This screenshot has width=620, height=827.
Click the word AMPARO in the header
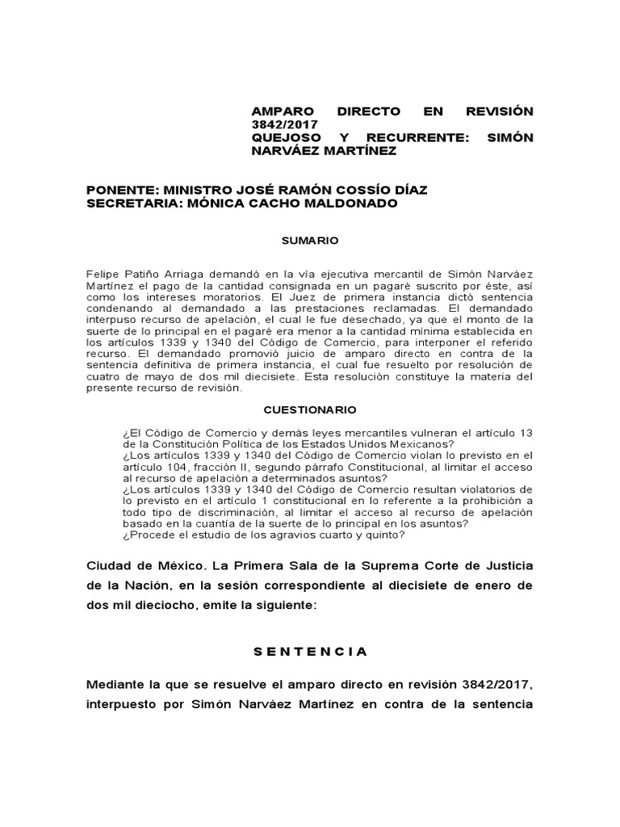pyautogui.click(x=278, y=111)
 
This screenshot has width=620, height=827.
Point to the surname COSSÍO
pyautogui.click(x=349, y=190)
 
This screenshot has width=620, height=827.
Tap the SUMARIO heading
pyautogui.click(x=309, y=241)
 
